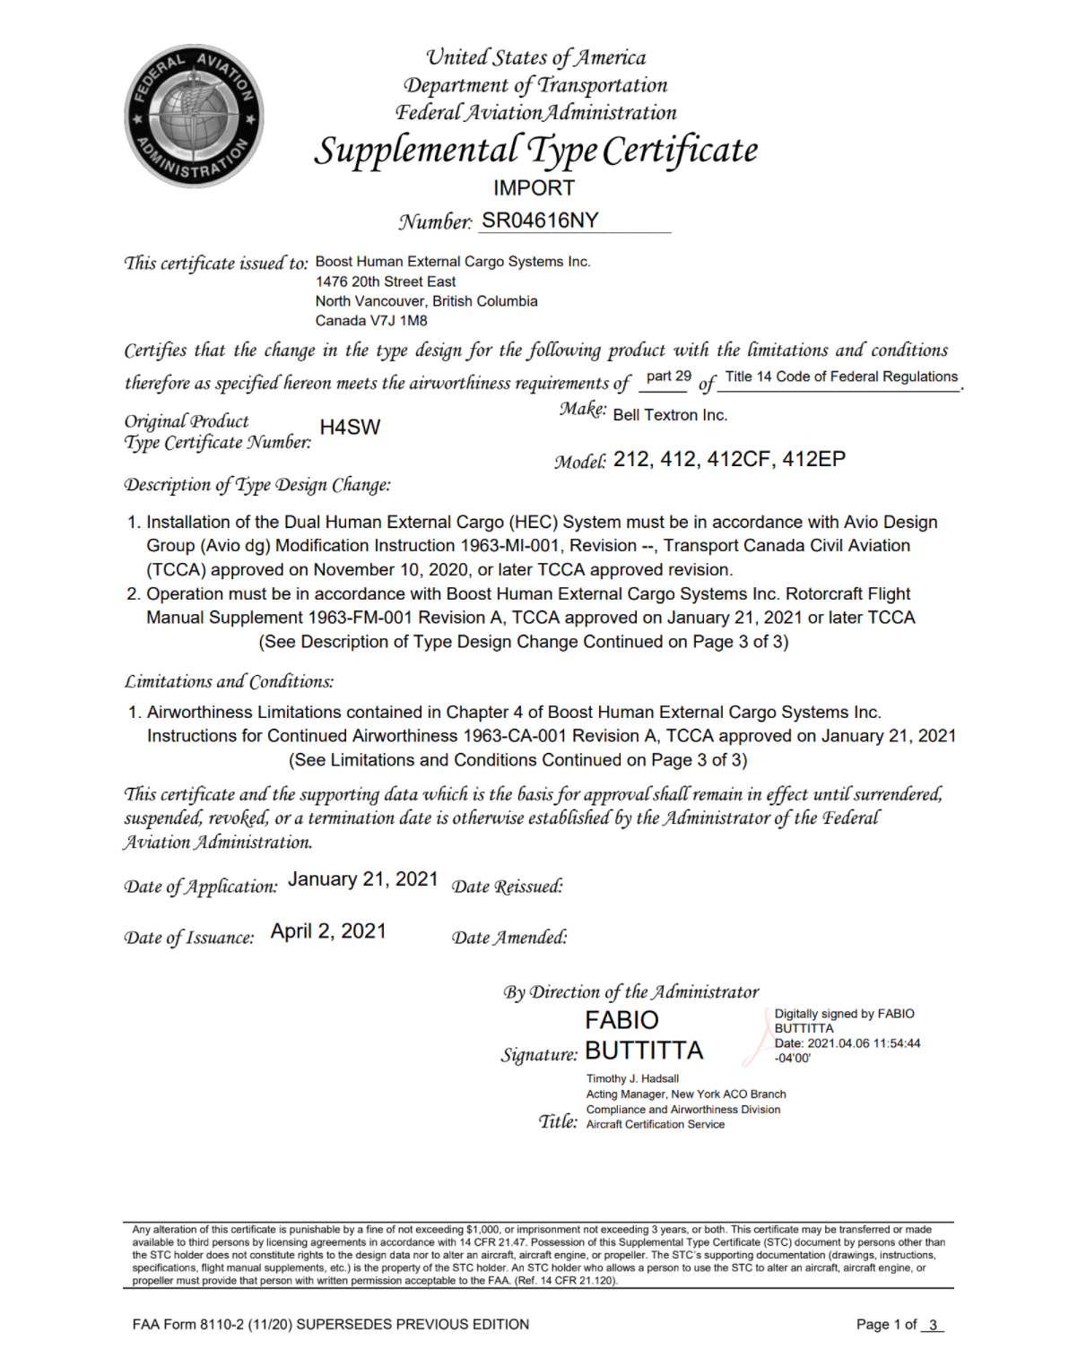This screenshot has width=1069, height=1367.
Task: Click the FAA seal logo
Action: tap(194, 116)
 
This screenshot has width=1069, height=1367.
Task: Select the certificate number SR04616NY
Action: tap(540, 221)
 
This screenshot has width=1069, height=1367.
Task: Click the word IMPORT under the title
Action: tap(534, 188)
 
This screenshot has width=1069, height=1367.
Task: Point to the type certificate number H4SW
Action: tap(350, 428)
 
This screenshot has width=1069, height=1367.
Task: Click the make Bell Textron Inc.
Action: tap(670, 415)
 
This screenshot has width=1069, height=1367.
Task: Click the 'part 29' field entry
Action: tap(668, 376)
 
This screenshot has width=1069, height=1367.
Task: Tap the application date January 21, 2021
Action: tap(362, 879)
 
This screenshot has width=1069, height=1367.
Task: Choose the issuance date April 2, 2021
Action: tap(328, 931)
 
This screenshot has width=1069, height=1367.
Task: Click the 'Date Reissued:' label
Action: tap(507, 887)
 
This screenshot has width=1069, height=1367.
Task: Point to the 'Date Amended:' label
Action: tap(509, 938)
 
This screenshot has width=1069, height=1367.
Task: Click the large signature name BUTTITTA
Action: tap(644, 1051)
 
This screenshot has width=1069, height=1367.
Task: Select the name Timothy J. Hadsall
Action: tap(632, 1079)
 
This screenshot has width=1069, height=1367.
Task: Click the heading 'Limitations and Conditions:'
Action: tap(229, 681)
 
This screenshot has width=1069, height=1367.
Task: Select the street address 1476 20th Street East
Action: tap(386, 281)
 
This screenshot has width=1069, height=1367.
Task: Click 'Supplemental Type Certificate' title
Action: tap(535, 151)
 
